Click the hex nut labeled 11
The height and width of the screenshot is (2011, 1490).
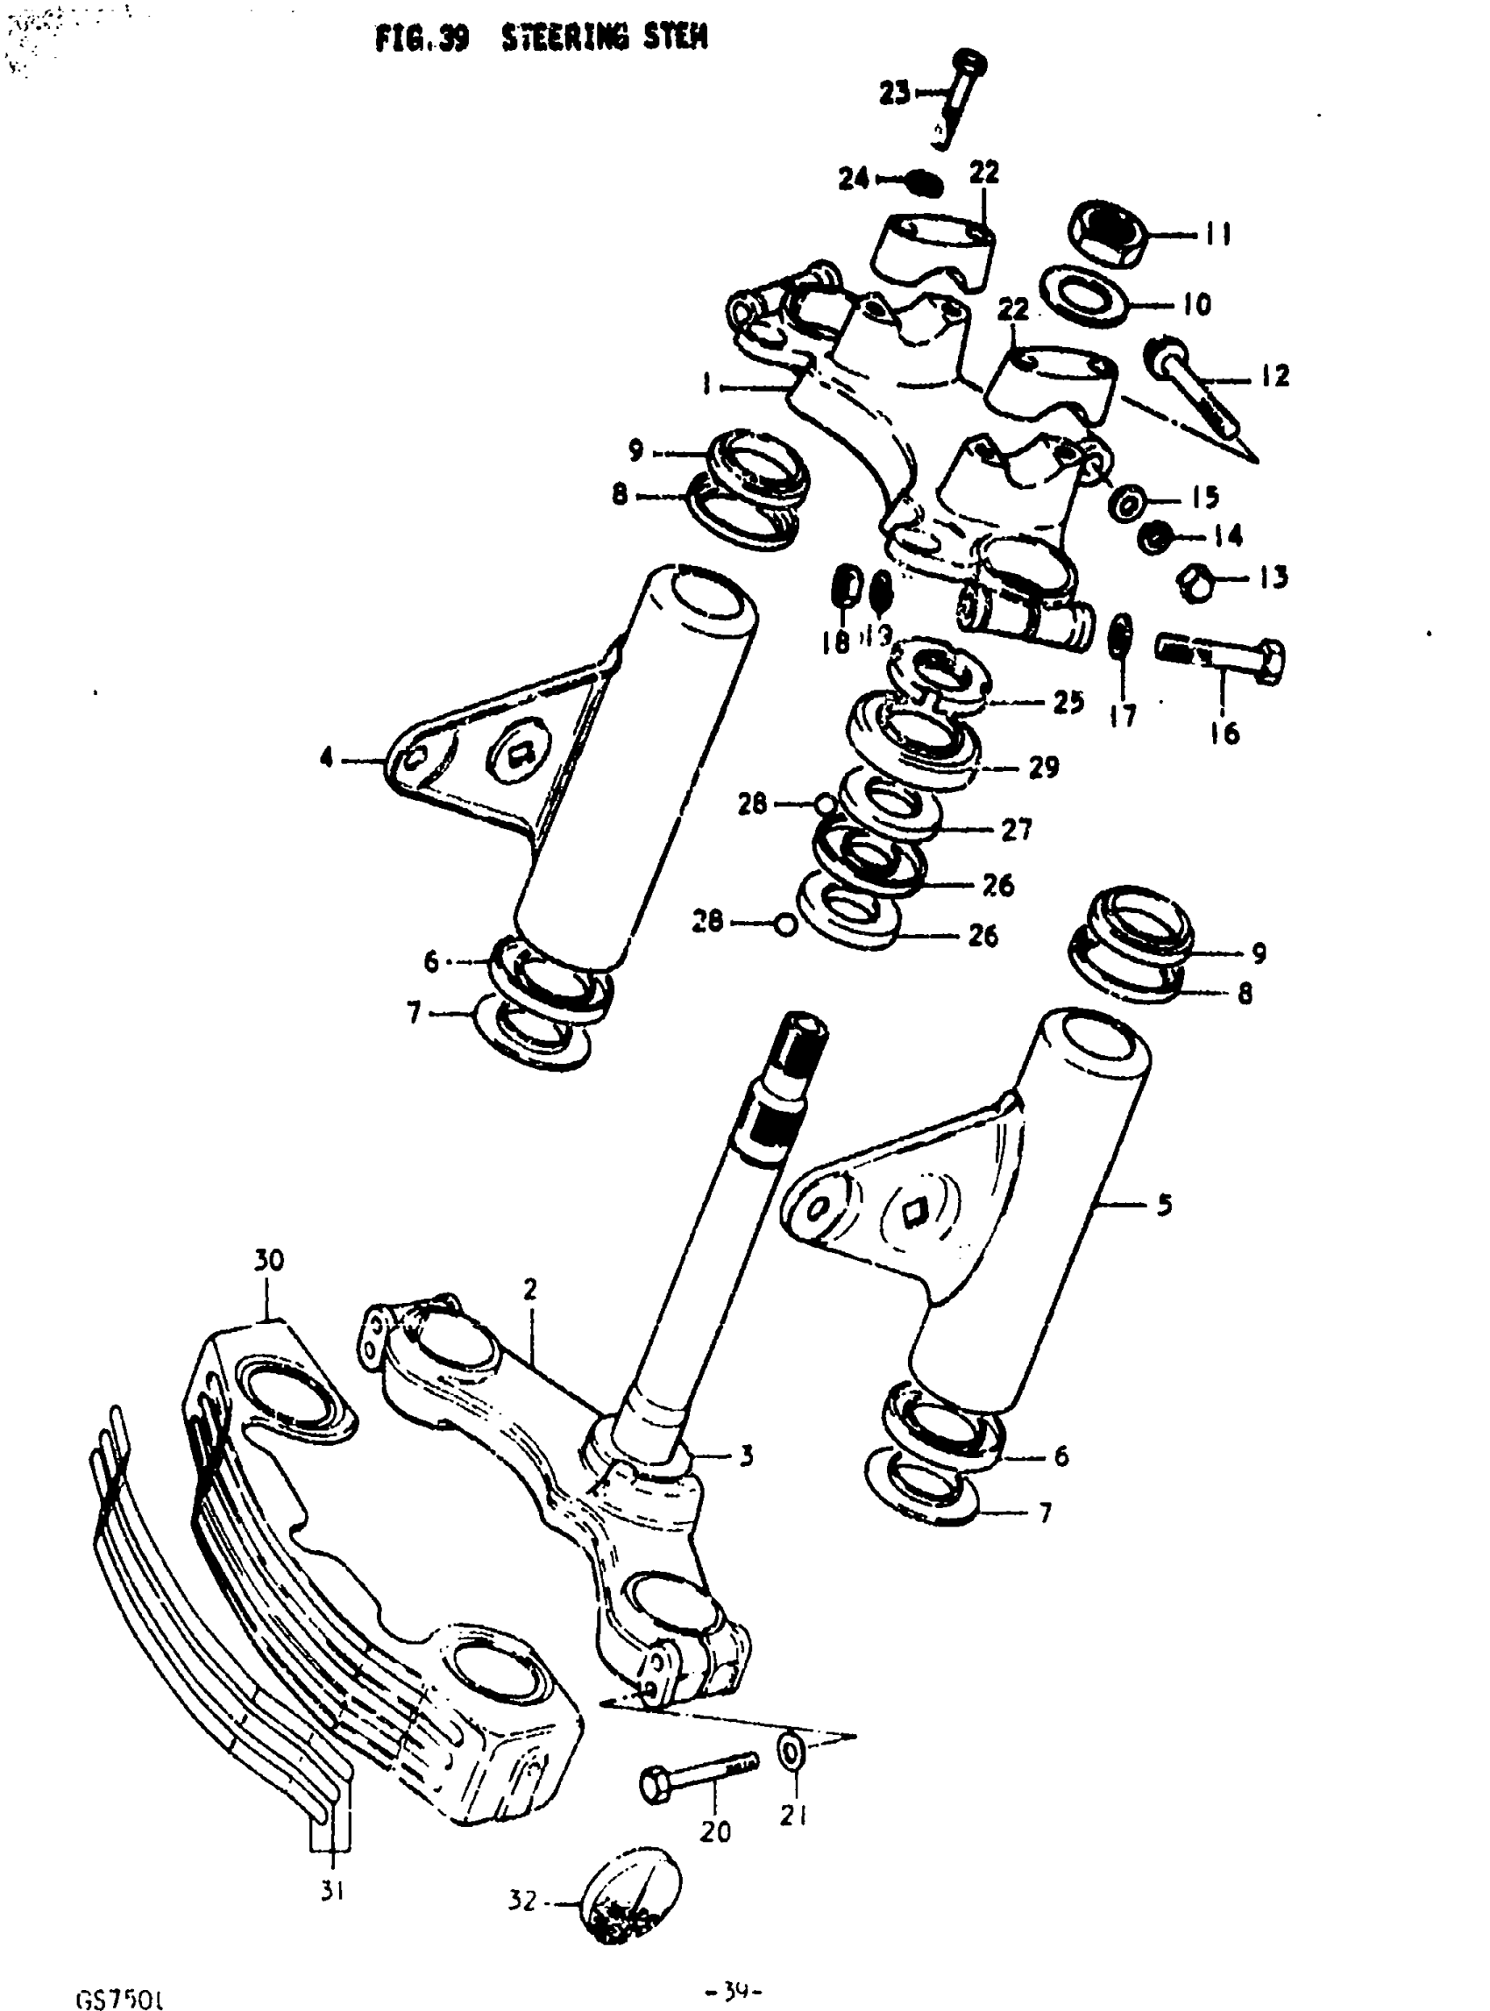(1110, 233)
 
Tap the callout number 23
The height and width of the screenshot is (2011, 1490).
(895, 93)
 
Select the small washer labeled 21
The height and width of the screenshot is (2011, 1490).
(793, 1751)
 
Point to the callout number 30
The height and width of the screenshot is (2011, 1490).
(268, 1260)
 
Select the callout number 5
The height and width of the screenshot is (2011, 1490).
(1165, 1204)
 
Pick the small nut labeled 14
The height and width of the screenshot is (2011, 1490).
(1154, 538)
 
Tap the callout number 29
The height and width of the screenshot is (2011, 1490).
(1044, 767)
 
